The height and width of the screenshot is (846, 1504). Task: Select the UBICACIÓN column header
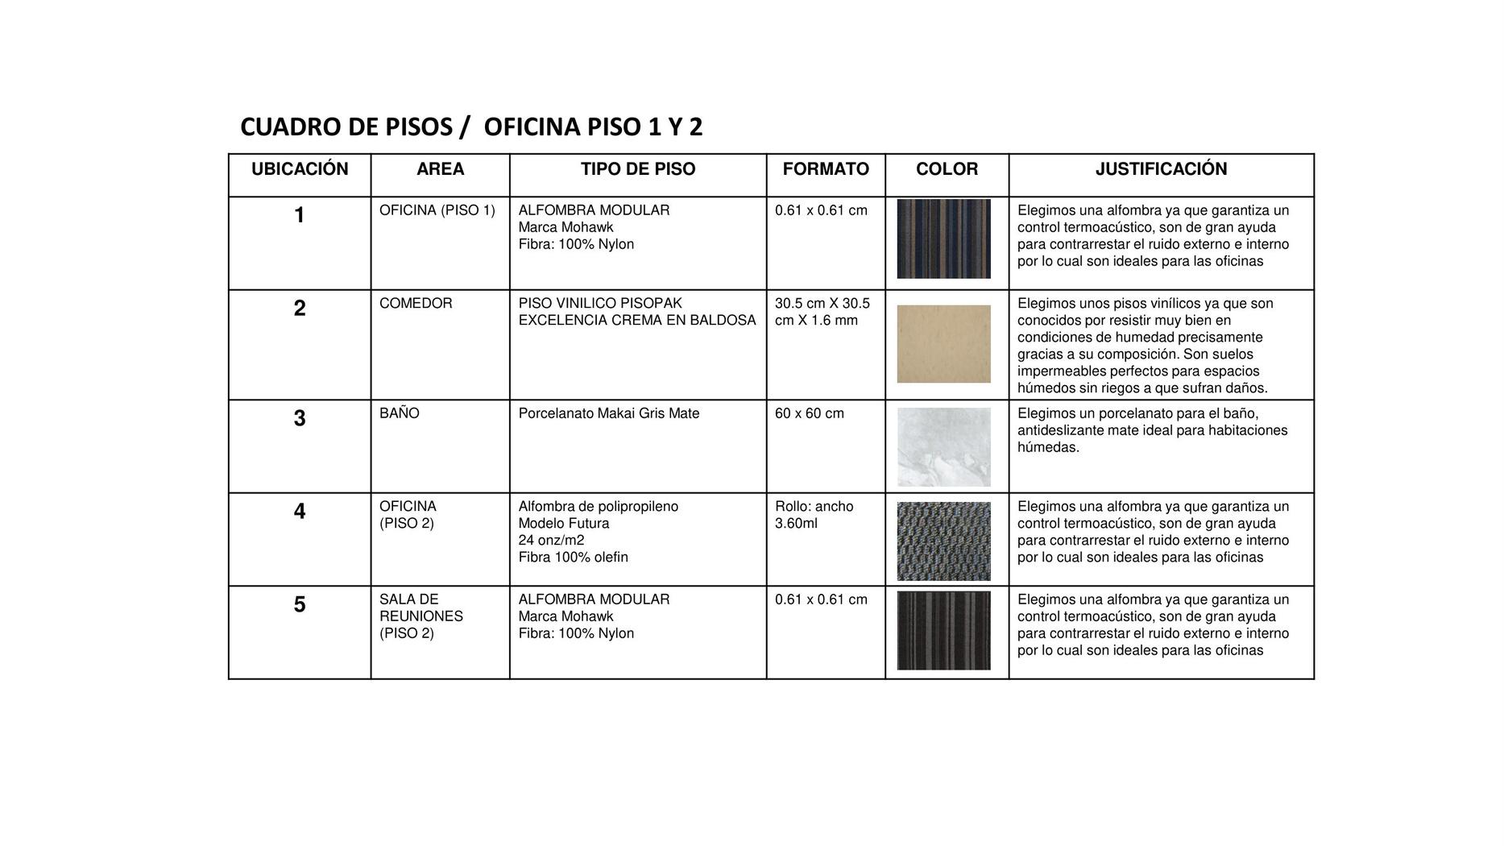300,169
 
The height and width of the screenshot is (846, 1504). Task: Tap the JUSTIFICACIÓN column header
1161,169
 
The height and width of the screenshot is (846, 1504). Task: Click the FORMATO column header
826,169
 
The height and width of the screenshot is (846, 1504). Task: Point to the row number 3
300,419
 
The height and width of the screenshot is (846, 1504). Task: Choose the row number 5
300,605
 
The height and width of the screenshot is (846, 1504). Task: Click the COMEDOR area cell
416,304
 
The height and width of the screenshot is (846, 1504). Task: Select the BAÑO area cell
400,413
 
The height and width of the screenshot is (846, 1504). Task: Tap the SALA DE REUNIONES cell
421,616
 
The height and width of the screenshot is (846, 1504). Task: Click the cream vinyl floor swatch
943,344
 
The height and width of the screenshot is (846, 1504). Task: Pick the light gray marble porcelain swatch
943,447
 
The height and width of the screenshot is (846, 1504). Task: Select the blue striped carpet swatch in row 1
943,239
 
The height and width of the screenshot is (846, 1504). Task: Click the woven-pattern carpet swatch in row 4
943,541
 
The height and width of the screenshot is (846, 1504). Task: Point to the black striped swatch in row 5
943,631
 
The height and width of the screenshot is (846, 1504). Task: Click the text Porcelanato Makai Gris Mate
609,413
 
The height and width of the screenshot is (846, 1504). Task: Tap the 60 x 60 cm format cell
810,413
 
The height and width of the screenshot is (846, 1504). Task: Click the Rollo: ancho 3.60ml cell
814,515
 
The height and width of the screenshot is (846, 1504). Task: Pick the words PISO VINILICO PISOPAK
600,304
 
